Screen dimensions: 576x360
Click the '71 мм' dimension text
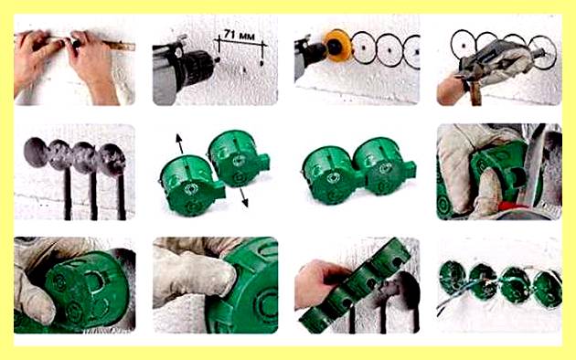coord(240,36)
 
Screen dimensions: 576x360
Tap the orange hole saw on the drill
coord(337,46)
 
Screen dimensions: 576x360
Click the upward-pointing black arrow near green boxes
coord(179,143)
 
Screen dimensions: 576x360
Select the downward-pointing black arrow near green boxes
coord(243,197)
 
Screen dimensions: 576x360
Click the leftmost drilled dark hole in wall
coord(37,152)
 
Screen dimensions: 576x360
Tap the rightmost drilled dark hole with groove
coord(112,160)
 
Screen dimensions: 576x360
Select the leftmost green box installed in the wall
coord(453,278)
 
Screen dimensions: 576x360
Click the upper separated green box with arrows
coord(238,158)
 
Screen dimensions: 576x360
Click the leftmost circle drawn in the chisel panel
coord(464,44)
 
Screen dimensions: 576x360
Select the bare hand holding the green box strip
coord(320,281)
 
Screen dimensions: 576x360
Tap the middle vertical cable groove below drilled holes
coord(93,195)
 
